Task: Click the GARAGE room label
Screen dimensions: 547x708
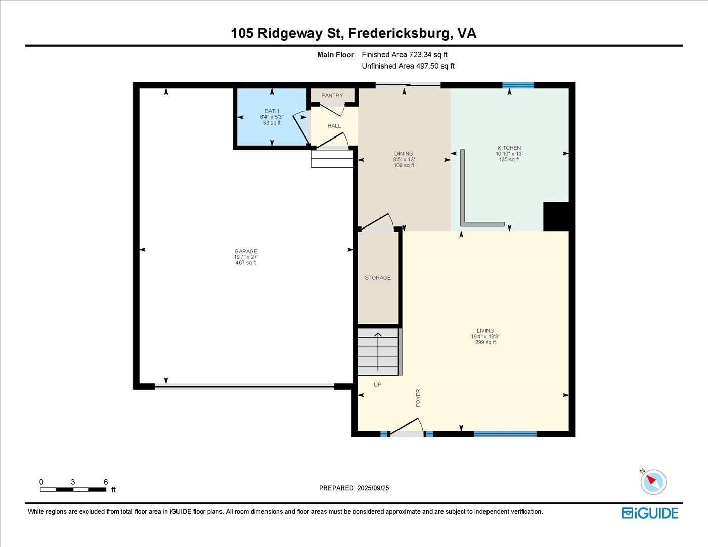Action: (x=246, y=251)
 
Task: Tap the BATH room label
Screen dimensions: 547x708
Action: (x=272, y=111)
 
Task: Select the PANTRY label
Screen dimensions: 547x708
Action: (x=332, y=96)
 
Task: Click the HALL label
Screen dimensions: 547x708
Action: (x=334, y=126)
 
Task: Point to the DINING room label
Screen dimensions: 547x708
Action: (x=404, y=154)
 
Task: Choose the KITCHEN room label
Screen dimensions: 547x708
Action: (x=509, y=148)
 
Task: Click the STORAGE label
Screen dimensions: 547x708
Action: (x=378, y=278)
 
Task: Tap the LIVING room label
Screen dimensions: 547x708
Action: (x=485, y=331)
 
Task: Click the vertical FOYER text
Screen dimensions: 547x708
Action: (x=418, y=398)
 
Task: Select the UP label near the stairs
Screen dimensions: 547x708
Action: (x=377, y=385)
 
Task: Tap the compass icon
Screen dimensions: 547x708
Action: (x=653, y=481)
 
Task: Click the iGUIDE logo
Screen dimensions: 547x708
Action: (x=650, y=513)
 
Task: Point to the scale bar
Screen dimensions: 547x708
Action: (x=73, y=489)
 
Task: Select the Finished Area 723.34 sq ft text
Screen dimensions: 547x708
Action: (x=405, y=55)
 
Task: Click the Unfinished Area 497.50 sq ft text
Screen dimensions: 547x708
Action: (x=408, y=66)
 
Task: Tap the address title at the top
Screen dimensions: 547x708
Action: (x=353, y=33)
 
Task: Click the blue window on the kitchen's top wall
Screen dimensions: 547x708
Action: (x=518, y=85)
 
